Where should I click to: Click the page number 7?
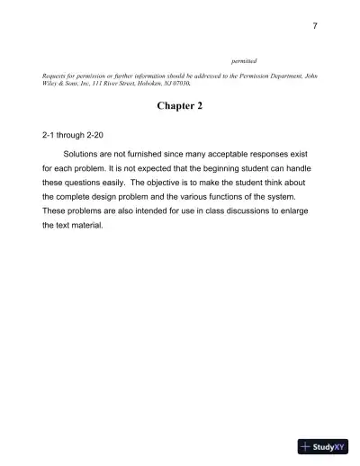tap(315, 25)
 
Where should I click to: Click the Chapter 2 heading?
tap(180, 107)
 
